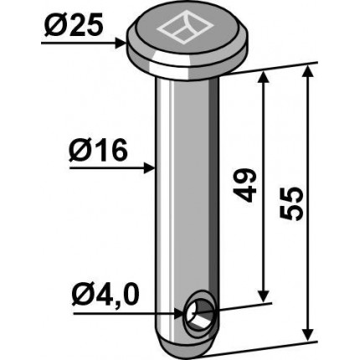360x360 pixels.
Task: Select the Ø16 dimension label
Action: click(98, 152)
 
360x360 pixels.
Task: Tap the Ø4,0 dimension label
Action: click(105, 296)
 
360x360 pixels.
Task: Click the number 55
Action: click(291, 203)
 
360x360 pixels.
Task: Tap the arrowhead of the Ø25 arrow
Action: click(121, 44)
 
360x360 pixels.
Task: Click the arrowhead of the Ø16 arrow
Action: click(149, 168)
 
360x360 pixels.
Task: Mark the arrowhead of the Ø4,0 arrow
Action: click(180, 314)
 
